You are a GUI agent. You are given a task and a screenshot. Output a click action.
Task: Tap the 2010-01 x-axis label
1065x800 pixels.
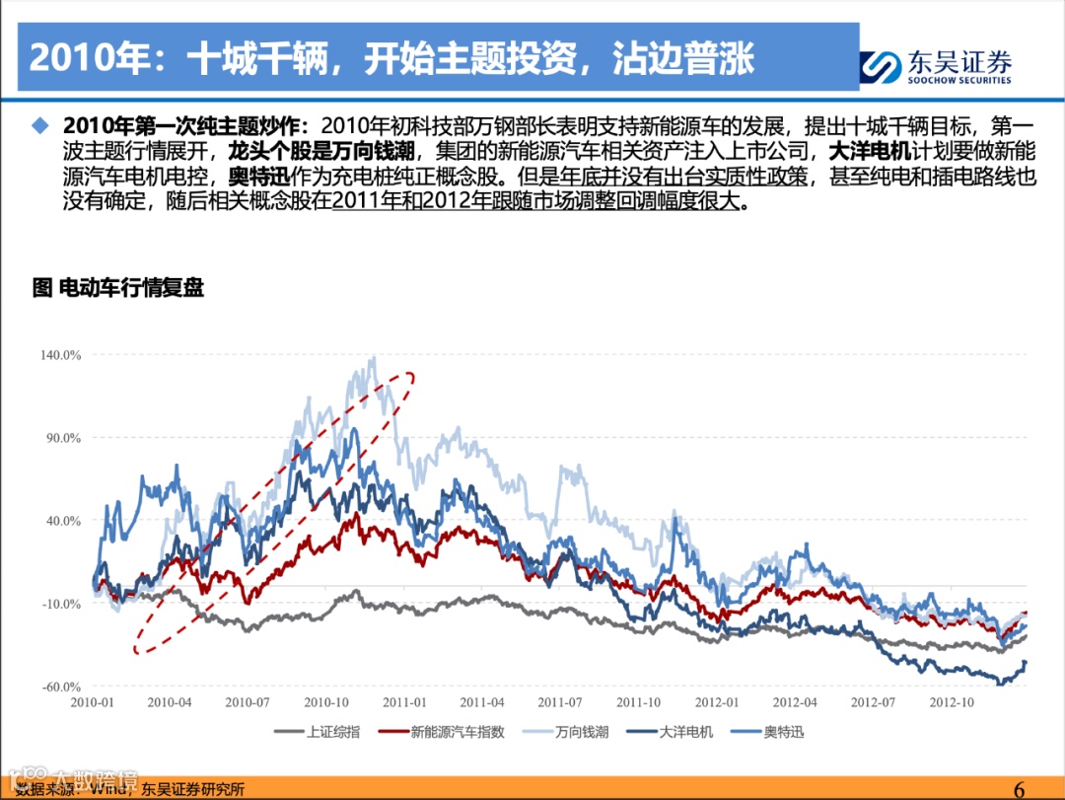click(93, 702)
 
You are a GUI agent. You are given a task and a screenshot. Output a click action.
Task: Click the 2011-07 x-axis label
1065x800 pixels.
click(559, 702)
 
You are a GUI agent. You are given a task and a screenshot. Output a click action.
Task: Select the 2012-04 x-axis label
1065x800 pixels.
click(794, 702)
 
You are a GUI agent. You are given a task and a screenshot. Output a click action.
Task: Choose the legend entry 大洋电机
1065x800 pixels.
click(687, 732)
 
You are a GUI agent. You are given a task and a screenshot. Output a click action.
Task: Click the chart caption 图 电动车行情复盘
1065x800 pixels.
click(117, 289)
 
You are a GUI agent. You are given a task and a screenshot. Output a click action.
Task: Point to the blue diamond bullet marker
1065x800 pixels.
click(40, 126)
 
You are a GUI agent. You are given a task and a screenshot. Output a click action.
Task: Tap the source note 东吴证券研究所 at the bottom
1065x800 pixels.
click(193, 789)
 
